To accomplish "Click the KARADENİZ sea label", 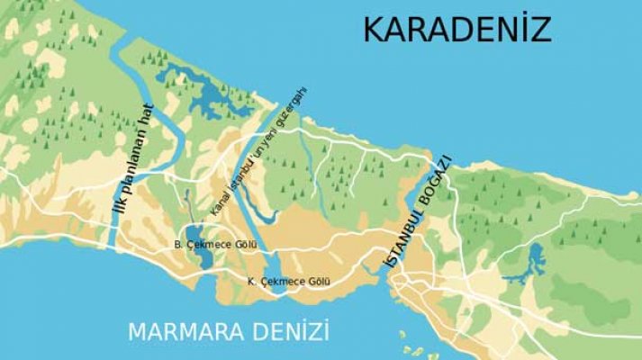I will (456, 30).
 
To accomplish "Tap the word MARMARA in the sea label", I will (180, 332).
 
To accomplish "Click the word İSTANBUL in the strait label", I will (396, 244).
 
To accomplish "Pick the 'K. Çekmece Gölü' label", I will (289, 282).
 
